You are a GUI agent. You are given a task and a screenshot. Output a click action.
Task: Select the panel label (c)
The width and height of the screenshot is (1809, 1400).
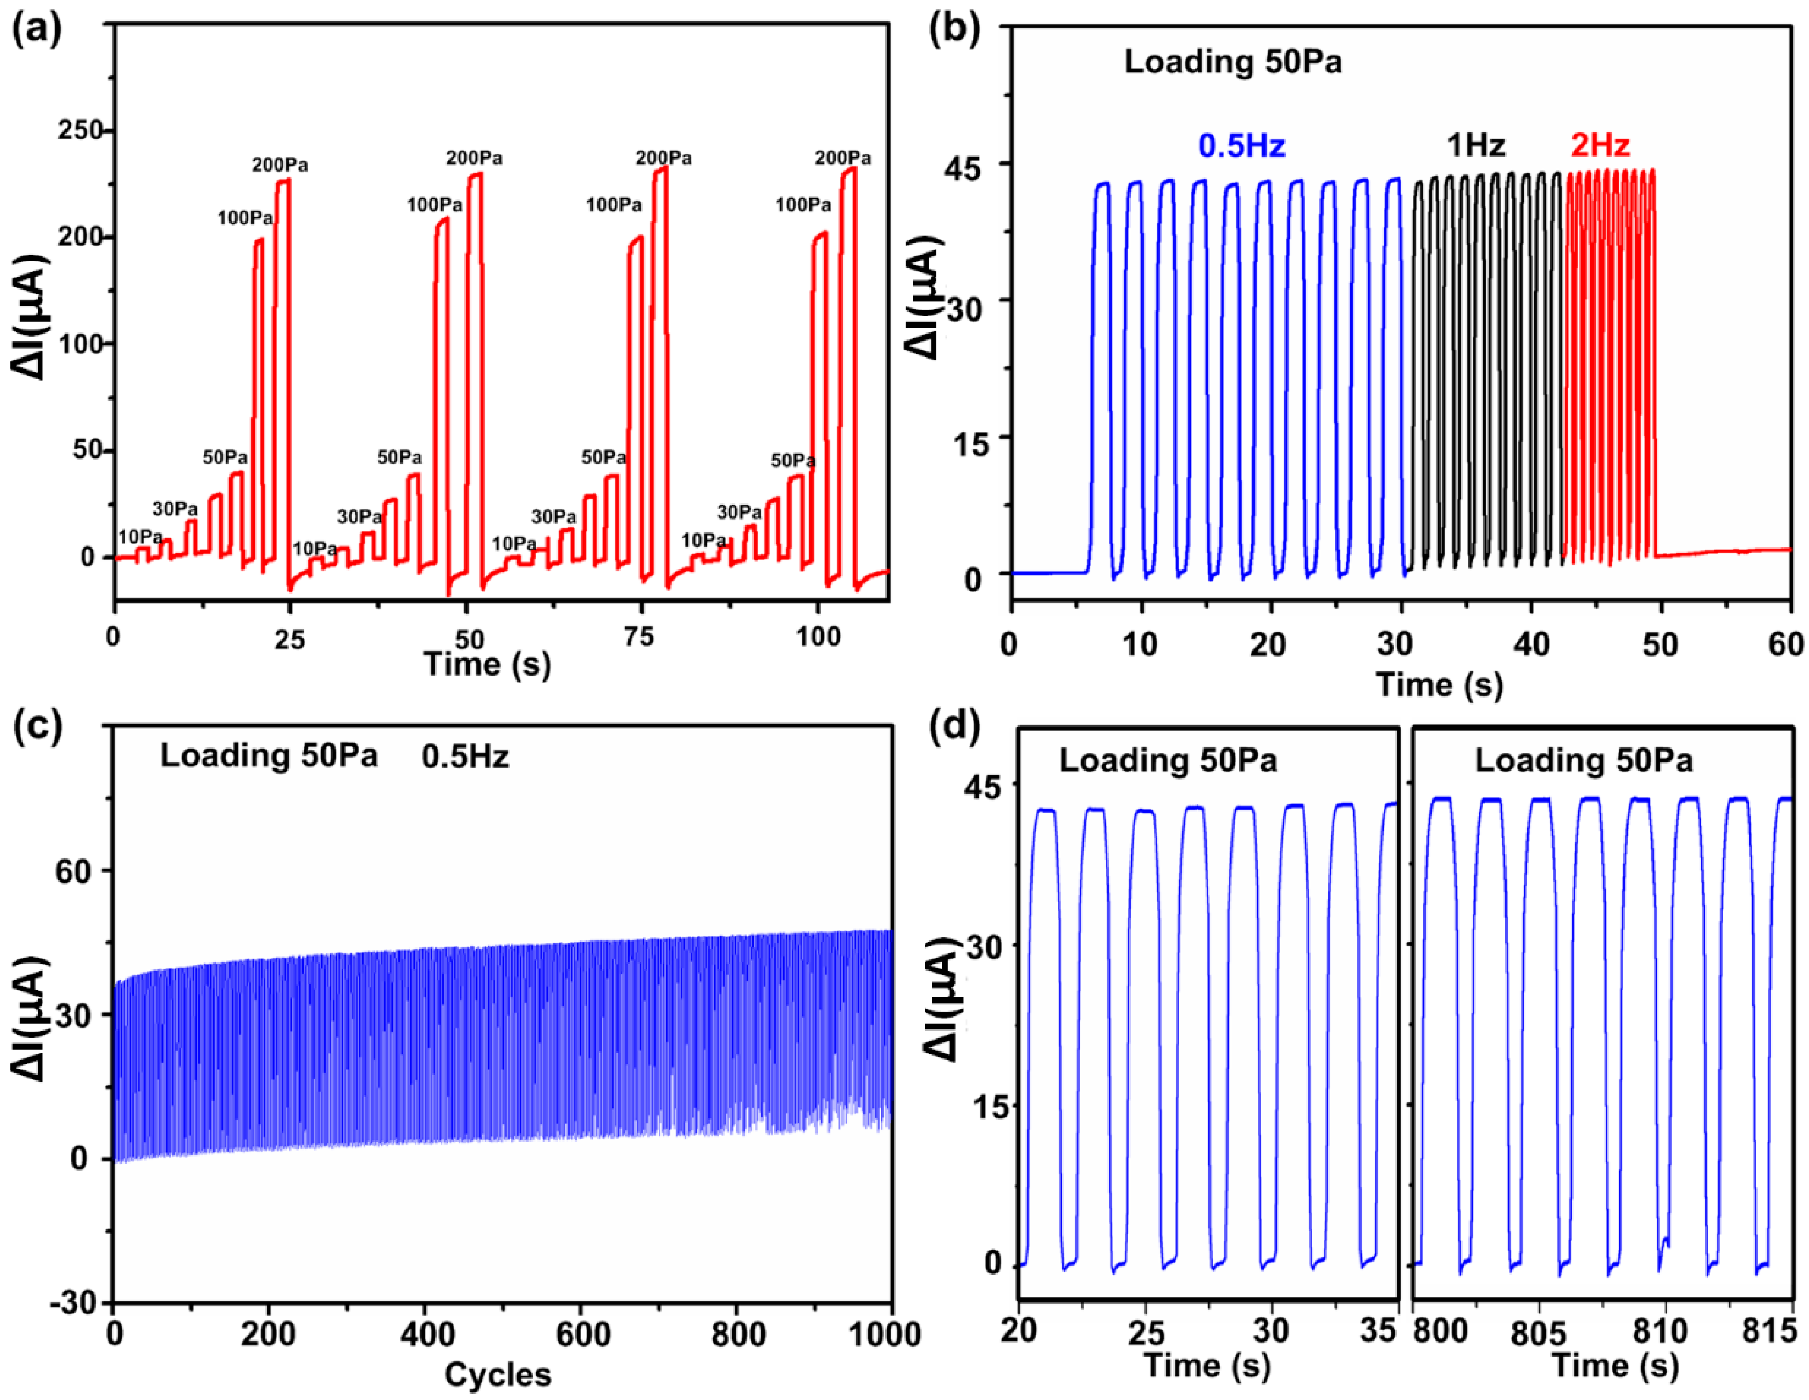point(36,727)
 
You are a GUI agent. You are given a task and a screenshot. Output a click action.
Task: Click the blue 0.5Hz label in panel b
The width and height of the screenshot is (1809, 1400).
point(1242,146)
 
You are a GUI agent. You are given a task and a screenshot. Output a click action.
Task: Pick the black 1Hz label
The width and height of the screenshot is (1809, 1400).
point(1475,146)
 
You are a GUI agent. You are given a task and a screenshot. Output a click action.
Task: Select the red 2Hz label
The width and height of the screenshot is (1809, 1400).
point(1600,146)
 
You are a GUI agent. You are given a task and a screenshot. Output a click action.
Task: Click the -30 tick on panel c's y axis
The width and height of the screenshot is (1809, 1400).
point(77,1303)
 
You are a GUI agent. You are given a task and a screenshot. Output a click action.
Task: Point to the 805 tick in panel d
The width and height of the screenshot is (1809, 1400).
point(1537,1334)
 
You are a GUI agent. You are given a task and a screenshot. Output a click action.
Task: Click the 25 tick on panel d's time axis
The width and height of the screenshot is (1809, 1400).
point(1146,1334)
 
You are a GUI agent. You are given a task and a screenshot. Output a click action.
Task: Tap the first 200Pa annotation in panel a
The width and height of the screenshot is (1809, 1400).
point(280,165)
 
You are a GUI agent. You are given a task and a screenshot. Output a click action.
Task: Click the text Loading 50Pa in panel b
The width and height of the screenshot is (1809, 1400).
point(1232,62)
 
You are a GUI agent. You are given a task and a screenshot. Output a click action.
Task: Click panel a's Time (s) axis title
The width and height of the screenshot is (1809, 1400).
point(487,664)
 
